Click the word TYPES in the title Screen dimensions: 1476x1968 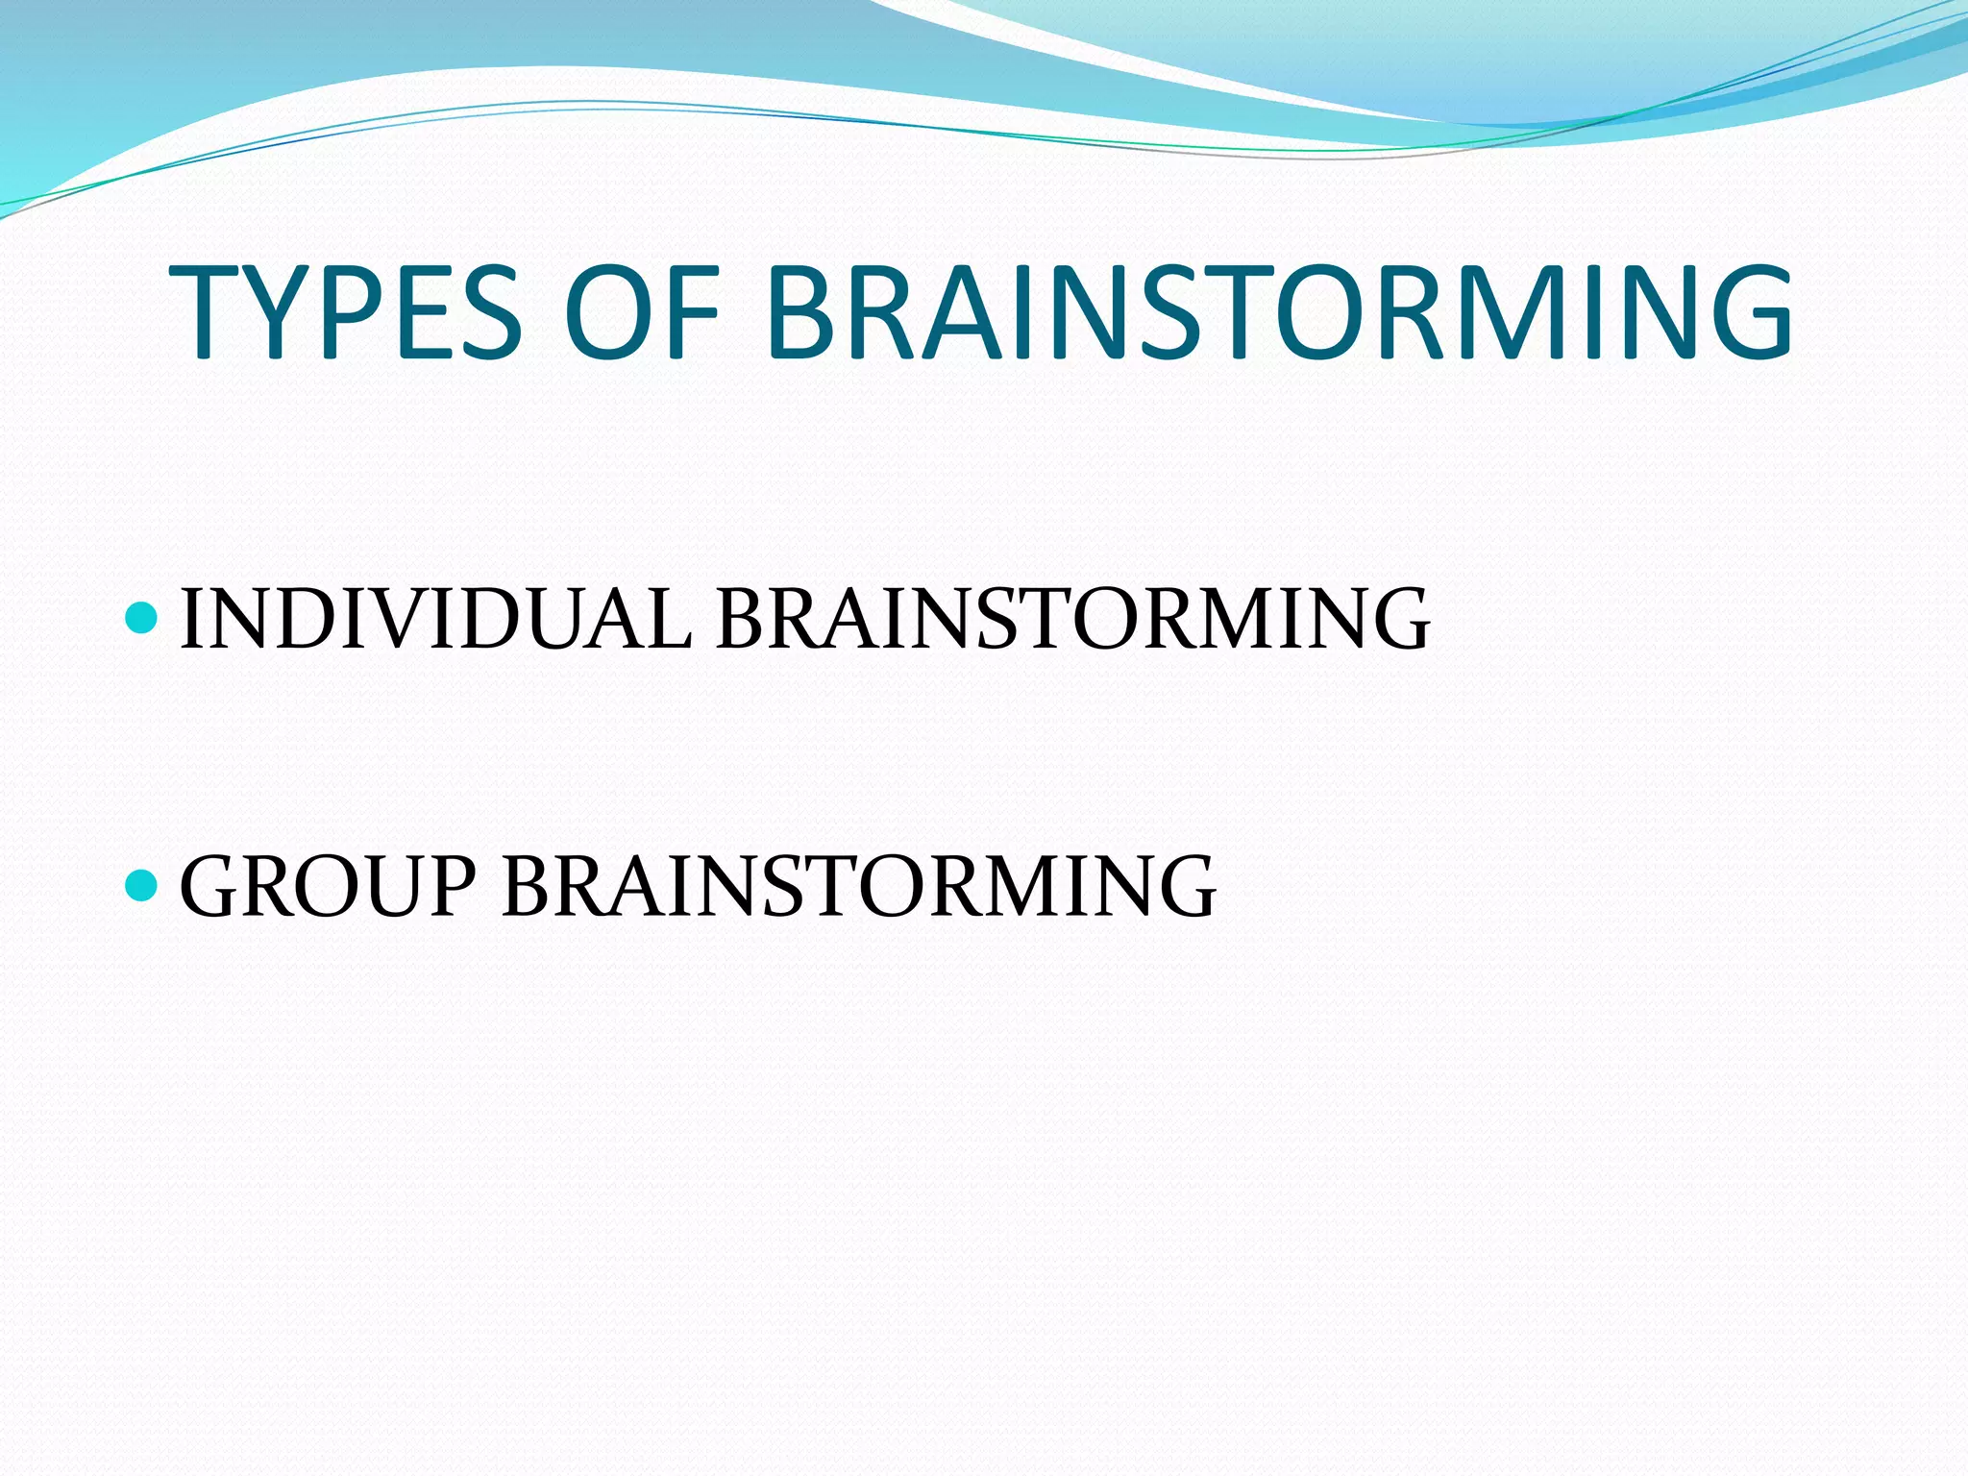pyautogui.click(x=344, y=312)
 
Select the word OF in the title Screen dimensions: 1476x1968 pyautogui.click(x=642, y=312)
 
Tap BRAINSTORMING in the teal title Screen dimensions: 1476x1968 pyautogui.click(x=1278, y=312)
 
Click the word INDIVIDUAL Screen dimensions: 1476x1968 pyautogui.click(x=434, y=620)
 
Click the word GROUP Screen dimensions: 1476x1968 pyautogui.click(x=328, y=886)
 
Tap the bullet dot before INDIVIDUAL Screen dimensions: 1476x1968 pyautogui.click(x=141, y=619)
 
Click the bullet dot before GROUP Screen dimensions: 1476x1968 pyautogui.click(x=141, y=885)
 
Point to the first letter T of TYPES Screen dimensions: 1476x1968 pyautogui.click(x=204, y=312)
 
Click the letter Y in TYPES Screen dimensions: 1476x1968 pyautogui.click(x=274, y=312)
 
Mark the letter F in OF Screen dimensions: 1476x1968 pyautogui.click(x=694, y=312)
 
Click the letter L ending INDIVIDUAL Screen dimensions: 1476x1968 pyautogui.click(x=665, y=620)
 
